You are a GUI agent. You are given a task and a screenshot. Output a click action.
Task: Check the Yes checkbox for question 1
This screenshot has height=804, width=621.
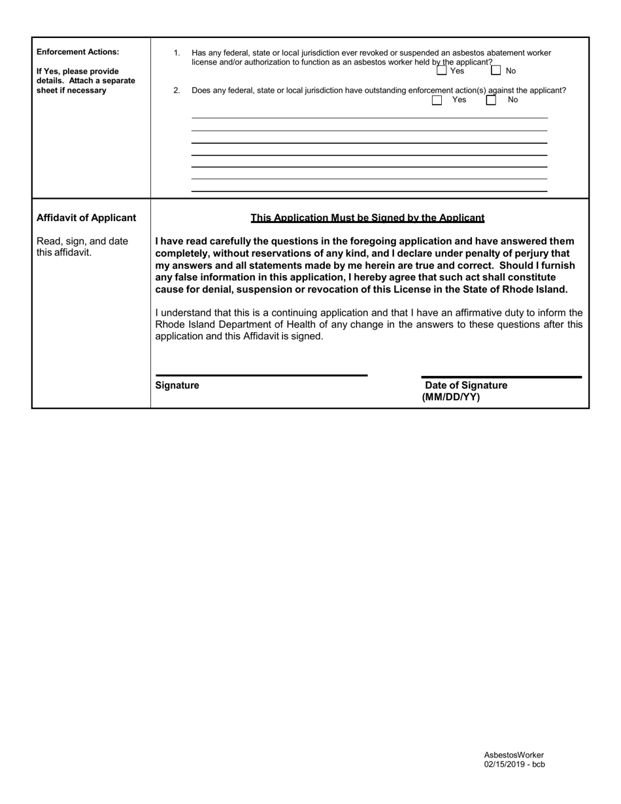tap(442, 71)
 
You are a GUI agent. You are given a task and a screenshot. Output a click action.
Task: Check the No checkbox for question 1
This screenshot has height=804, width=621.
tap(496, 71)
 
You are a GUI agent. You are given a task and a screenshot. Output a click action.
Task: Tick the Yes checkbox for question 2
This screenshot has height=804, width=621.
tap(437, 100)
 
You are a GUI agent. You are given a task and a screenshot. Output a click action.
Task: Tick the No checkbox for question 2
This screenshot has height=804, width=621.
tap(491, 100)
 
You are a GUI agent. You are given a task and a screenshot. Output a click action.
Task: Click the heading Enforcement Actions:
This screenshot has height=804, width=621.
tap(78, 52)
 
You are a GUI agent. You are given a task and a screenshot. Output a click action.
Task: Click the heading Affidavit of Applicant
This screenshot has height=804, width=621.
tap(86, 218)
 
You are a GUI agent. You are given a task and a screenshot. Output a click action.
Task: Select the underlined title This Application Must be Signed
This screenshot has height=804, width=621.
tap(367, 218)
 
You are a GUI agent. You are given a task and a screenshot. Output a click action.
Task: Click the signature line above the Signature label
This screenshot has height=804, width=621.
tap(261, 375)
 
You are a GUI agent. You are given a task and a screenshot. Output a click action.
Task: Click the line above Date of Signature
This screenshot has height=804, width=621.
tap(501, 377)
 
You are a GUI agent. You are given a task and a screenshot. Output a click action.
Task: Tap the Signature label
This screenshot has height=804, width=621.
tap(177, 386)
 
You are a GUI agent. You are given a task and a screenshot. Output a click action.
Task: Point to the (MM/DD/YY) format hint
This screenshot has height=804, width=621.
tap(451, 397)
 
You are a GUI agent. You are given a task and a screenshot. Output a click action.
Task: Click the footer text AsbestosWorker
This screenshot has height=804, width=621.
tap(514, 754)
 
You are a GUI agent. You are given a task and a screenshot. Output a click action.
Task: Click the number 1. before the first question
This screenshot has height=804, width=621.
tap(176, 53)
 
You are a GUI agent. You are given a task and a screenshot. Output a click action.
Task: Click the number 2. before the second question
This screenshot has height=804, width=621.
tap(176, 90)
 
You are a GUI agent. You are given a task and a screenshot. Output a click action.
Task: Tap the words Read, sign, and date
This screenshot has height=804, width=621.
tap(82, 241)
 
